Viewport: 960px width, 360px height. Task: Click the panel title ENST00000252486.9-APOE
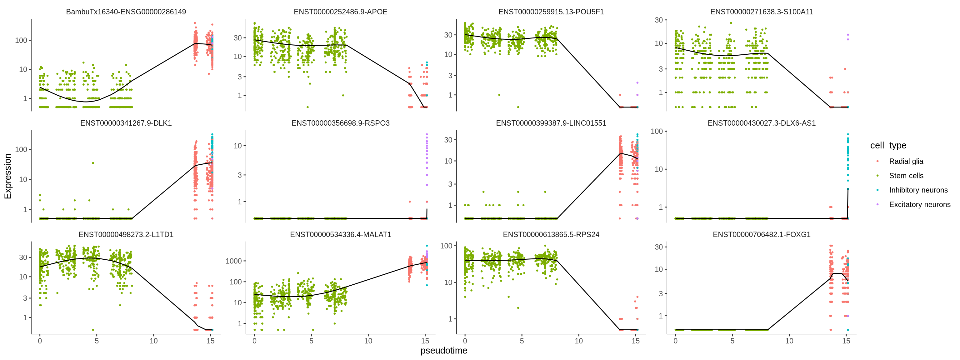coord(340,12)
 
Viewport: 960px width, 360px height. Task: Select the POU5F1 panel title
coord(551,12)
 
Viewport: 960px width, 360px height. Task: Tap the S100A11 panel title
coord(761,12)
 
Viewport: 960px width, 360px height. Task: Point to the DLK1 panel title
coord(126,123)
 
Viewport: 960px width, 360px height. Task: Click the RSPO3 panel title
coord(340,123)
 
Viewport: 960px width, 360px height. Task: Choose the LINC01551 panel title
coord(551,123)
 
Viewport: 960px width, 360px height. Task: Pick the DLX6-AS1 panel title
coord(761,123)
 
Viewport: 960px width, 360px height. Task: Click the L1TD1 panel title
coord(126,234)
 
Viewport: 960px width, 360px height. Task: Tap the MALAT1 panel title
coord(340,234)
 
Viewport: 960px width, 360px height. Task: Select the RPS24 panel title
coord(551,234)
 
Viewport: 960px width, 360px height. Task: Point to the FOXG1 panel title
coord(761,234)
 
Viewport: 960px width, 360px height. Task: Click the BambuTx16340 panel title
coord(126,12)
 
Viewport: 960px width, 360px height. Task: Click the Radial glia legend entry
coord(906,161)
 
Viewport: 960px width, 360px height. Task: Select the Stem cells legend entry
coord(906,176)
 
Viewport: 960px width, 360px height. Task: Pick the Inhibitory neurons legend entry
coord(918,190)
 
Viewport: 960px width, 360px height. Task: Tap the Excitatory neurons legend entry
coord(919,205)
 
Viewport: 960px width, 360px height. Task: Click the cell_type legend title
coord(888,145)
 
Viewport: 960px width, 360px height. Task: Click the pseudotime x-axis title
coord(443,351)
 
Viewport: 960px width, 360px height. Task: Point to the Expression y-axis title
coord(8,176)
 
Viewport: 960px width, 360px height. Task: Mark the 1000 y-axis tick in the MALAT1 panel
coord(234,261)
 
